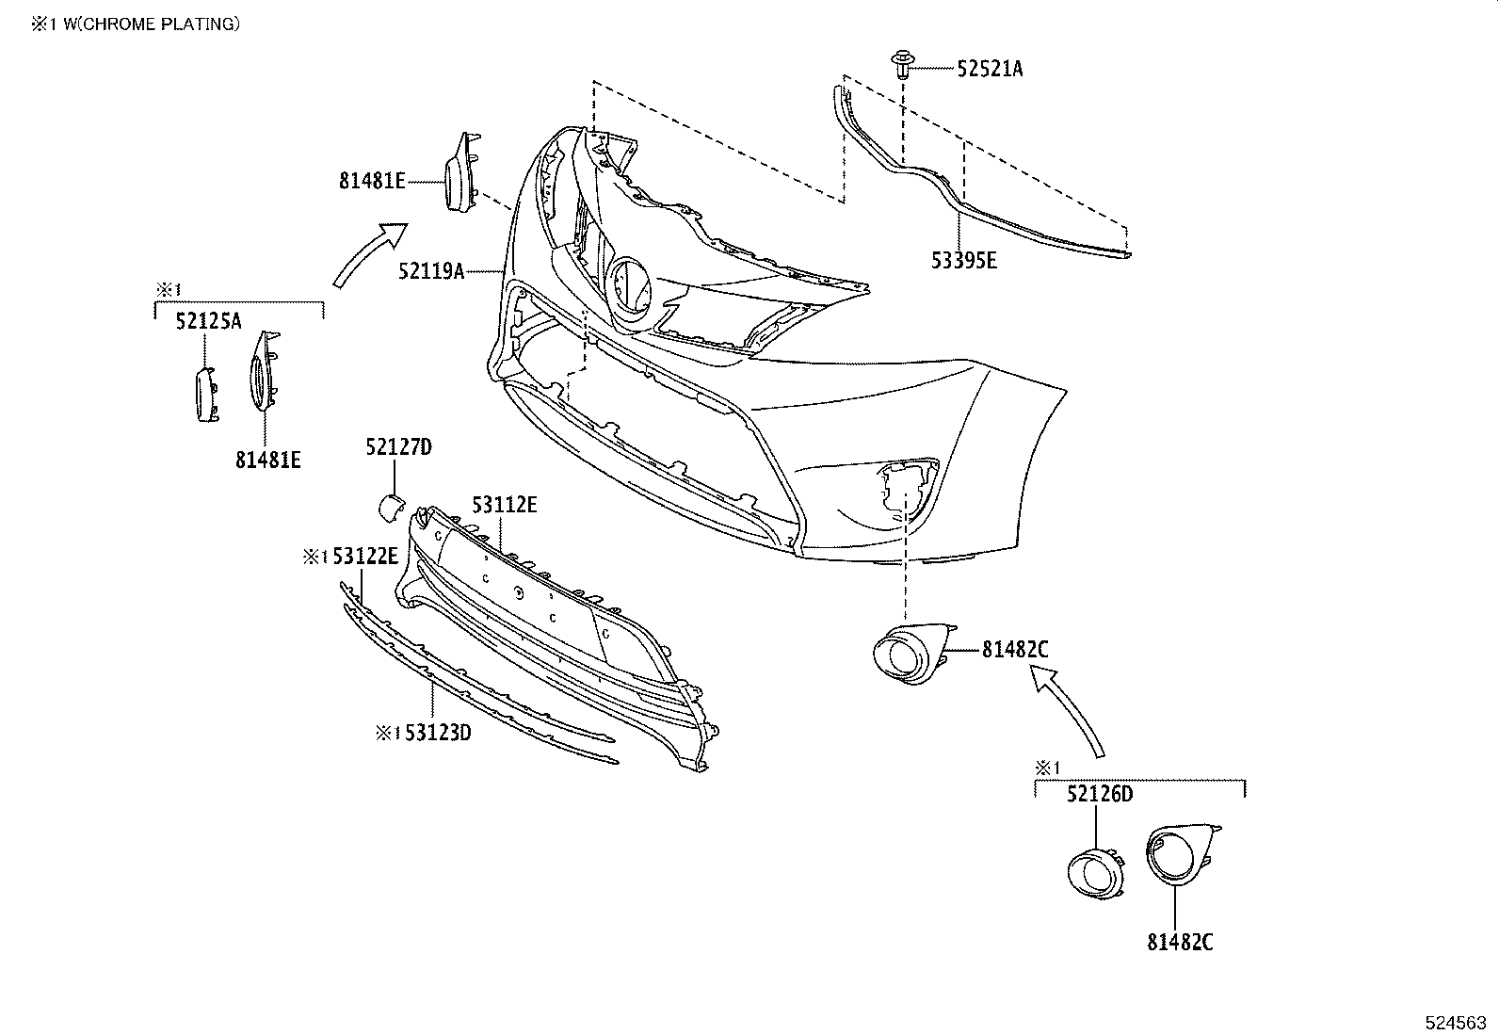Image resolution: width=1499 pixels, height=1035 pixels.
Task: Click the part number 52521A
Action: pyautogui.click(x=990, y=69)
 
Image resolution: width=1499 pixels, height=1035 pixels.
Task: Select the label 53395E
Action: pyautogui.click(x=963, y=261)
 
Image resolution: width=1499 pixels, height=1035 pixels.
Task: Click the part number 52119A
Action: pyautogui.click(x=431, y=272)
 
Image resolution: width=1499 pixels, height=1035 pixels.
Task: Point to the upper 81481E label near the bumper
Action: pyautogui.click(x=372, y=180)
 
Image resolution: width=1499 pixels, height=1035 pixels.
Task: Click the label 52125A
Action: pyautogui.click(x=208, y=322)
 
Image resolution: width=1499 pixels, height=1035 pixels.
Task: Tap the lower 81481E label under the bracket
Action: pyautogui.click(x=268, y=460)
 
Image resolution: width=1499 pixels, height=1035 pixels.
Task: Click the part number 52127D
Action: pyautogui.click(x=398, y=446)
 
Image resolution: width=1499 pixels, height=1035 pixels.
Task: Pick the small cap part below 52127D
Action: pyautogui.click(x=389, y=506)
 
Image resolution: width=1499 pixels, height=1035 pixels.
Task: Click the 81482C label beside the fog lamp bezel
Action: pyautogui.click(x=1015, y=649)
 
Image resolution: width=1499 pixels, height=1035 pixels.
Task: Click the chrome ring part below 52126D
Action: pyautogui.click(x=1094, y=871)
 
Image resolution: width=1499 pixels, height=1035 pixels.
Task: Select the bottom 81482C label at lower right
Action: pyautogui.click(x=1180, y=941)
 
